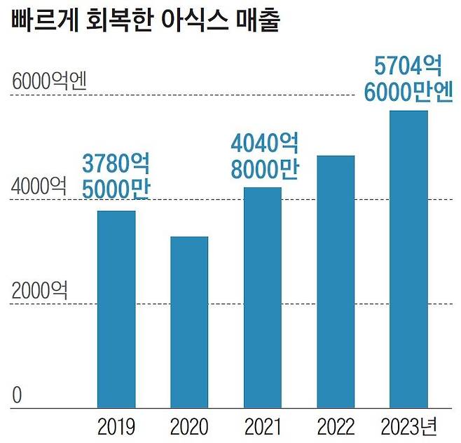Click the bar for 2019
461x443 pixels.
(x=116, y=308)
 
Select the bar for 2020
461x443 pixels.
(x=189, y=322)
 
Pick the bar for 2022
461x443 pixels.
(x=336, y=281)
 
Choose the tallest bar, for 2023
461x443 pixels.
(x=408, y=259)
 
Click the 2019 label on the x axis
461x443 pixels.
(x=116, y=425)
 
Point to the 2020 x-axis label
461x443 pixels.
(x=189, y=425)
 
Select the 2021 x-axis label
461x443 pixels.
(x=263, y=425)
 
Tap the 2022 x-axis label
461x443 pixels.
(x=336, y=425)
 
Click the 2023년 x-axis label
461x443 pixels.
(x=409, y=425)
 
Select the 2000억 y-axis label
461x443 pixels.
(x=39, y=290)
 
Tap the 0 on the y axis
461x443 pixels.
(x=18, y=395)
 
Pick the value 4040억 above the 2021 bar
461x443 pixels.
(x=266, y=145)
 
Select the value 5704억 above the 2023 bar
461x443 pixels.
(x=408, y=67)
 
